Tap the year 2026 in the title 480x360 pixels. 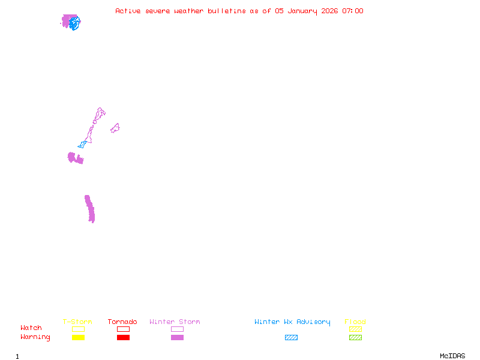point(329,11)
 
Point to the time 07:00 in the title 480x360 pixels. point(353,11)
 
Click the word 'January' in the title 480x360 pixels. point(302,11)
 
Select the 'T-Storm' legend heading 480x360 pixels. point(77,322)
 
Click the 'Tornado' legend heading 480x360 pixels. point(122,322)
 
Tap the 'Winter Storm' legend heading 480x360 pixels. point(175,322)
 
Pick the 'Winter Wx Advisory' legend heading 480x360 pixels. point(292,322)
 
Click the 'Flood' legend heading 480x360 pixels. point(355,322)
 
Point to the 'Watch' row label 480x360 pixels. point(31,328)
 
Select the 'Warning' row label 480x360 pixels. point(35,337)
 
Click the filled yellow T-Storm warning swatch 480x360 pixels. point(79,338)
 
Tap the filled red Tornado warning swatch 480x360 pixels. point(124,338)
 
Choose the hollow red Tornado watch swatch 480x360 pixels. point(124,326)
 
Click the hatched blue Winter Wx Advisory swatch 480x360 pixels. point(291,338)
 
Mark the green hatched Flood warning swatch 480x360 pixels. point(355,338)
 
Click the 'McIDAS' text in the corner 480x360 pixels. point(452,356)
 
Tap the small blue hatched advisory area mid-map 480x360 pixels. point(82,145)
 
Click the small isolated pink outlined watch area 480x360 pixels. point(115,128)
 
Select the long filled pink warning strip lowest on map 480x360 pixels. point(89,209)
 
